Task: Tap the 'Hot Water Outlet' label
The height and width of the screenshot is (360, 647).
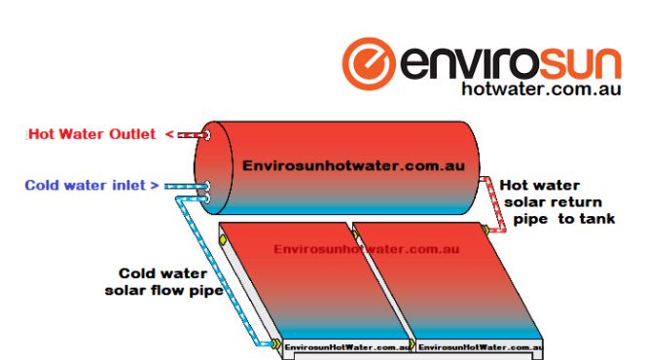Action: tap(92, 134)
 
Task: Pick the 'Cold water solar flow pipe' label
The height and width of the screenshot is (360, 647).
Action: tap(162, 281)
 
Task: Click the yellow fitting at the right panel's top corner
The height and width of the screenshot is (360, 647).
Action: tap(483, 230)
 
